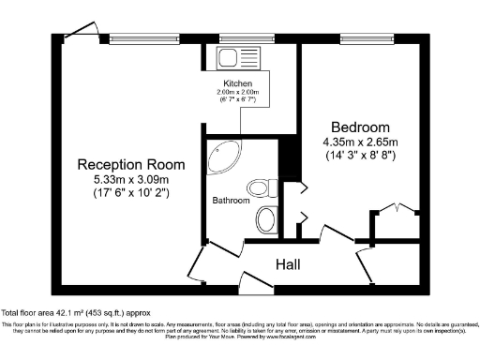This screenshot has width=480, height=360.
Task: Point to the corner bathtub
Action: (222, 156)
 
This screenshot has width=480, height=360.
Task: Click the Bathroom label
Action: (230, 201)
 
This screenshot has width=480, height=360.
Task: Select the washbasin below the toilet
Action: (266, 220)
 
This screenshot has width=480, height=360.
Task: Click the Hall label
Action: (288, 265)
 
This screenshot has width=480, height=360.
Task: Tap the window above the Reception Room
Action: (135, 38)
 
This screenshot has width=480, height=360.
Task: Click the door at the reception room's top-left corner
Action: (86, 30)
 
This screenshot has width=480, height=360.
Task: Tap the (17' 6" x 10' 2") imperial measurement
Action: (123, 194)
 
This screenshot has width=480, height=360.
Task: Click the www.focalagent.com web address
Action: (298, 333)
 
